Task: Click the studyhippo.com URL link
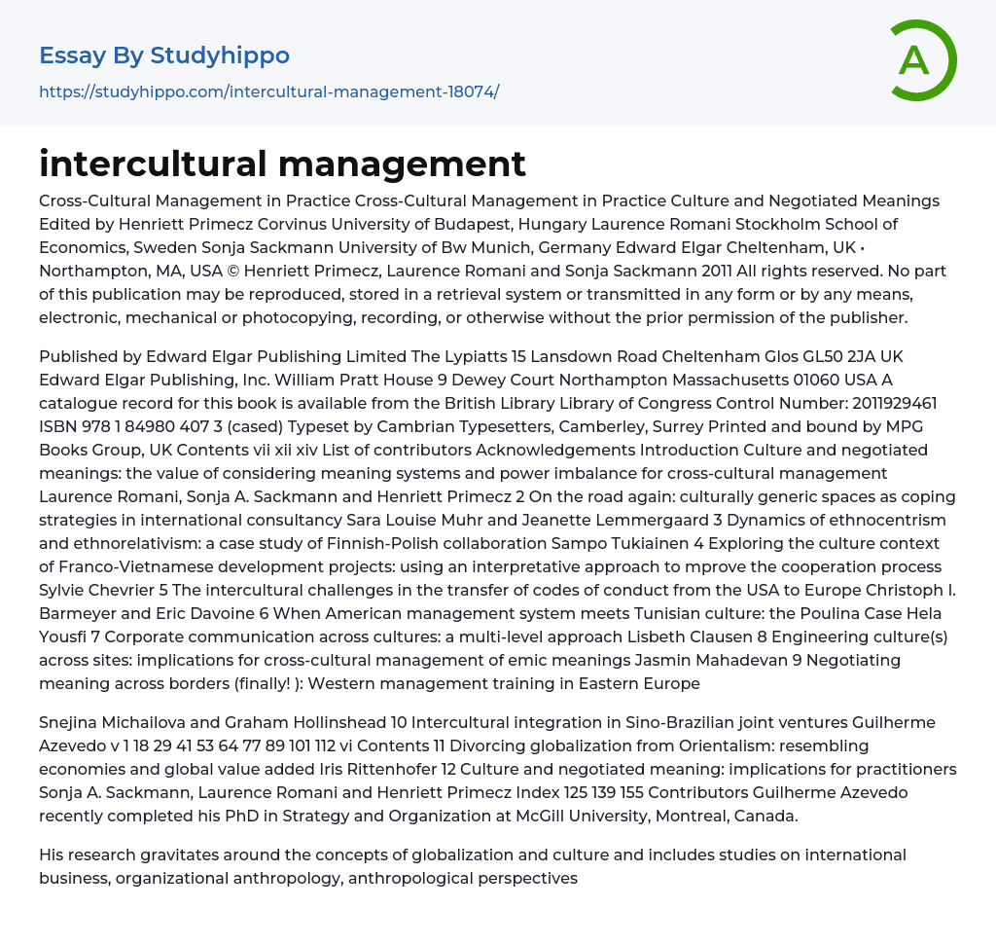(x=268, y=91)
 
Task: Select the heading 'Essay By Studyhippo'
(x=164, y=55)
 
